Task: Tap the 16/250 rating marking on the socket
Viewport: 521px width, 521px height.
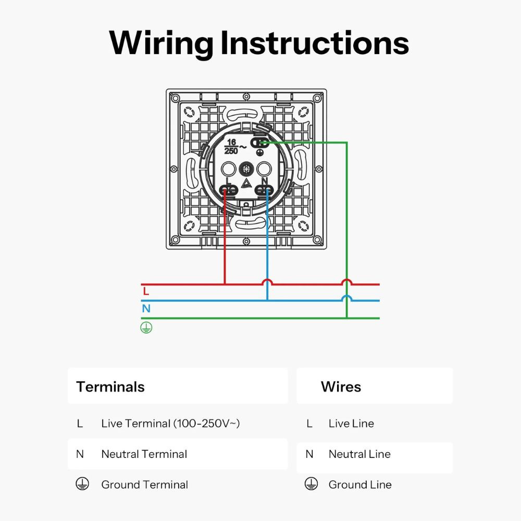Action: coord(231,146)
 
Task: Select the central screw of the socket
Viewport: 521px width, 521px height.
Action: coord(246,169)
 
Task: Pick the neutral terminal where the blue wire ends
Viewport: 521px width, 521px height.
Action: coord(265,190)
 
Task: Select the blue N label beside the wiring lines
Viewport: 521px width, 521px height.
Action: coord(146,308)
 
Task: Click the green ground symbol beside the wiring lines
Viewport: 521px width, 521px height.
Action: coord(146,328)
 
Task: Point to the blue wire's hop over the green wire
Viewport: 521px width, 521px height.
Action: coord(346,299)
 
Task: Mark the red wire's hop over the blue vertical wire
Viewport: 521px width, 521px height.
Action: coord(267,282)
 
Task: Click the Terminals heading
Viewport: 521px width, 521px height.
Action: coord(110,387)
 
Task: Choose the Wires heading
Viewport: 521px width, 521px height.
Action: coord(341,387)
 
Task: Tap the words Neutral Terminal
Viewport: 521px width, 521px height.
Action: coord(144,454)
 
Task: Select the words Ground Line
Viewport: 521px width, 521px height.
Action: coord(360,485)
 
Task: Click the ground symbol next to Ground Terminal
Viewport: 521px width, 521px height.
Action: coord(80,484)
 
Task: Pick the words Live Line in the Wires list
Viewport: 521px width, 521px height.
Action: coord(351,424)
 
